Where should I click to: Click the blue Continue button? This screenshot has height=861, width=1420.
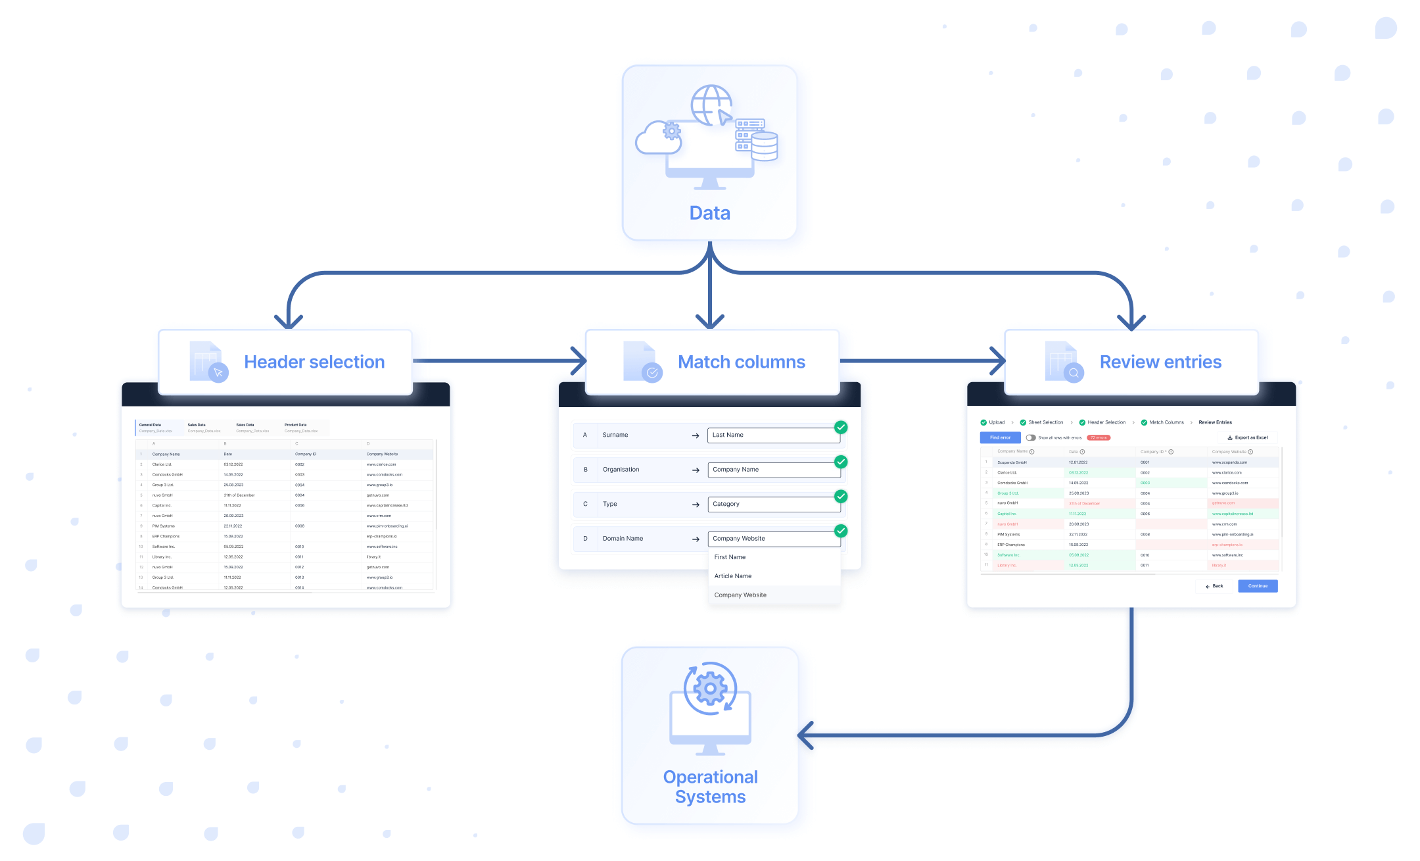coord(1257,585)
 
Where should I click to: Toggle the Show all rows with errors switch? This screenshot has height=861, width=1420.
coord(1030,437)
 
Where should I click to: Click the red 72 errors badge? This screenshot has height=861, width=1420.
coord(1099,437)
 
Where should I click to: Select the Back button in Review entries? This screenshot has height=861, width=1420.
coord(1214,585)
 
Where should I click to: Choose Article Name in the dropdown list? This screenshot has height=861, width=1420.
coord(733,576)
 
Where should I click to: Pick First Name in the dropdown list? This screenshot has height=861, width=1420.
coord(730,556)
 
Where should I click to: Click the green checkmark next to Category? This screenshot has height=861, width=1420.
coord(840,496)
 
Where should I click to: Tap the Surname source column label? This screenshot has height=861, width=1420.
coord(615,435)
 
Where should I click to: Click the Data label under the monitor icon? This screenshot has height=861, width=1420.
coord(709,213)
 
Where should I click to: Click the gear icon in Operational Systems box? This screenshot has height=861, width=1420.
coord(710,689)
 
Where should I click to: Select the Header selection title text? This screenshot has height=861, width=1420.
coord(314,362)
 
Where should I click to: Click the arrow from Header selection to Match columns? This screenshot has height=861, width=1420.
coord(500,360)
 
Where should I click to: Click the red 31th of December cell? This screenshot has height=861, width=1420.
coord(1085,503)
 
